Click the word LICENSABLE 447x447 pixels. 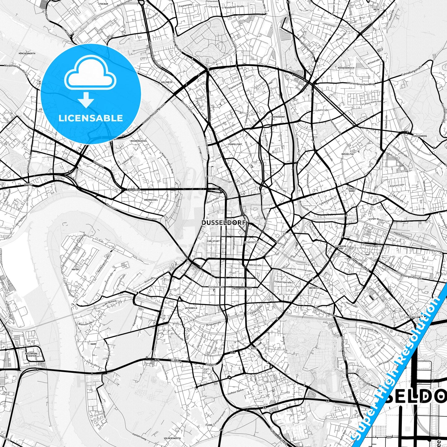(91, 118)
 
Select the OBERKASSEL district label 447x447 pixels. (151, 200)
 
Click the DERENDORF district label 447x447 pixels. (278, 117)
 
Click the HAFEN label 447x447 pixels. (75, 269)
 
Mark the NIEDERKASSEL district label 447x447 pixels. (139, 141)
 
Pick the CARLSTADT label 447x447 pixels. (213, 241)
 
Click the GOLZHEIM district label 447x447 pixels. (167, 82)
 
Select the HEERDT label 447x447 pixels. (28, 184)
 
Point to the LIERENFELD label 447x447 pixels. (411, 317)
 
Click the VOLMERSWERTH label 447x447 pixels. (172, 438)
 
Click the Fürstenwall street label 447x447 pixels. (216, 287)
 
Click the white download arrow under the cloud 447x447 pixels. (86, 100)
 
